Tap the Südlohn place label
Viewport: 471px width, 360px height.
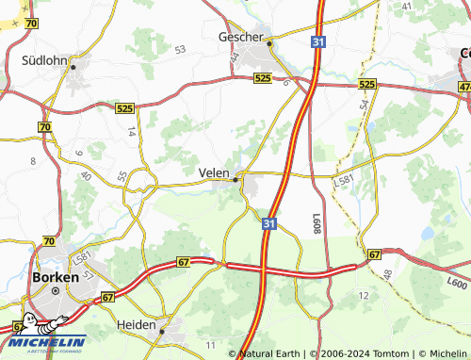[44, 60]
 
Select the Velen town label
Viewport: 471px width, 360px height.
[214, 172]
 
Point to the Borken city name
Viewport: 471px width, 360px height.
[55, 278]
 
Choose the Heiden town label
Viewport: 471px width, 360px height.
[136, 323]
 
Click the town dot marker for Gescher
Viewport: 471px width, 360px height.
[268, 42]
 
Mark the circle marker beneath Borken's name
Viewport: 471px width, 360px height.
[55, 291]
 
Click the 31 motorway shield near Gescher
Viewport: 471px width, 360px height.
[318, 41]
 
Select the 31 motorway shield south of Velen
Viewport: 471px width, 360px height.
[269, 223]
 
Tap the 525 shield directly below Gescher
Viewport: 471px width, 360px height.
[263, 79]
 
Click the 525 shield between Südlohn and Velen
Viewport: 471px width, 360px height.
[125, 109]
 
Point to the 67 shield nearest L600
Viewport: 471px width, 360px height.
[374, 254]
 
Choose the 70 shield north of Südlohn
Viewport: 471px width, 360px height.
[32, 23]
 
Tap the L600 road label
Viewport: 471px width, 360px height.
[457, 282]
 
